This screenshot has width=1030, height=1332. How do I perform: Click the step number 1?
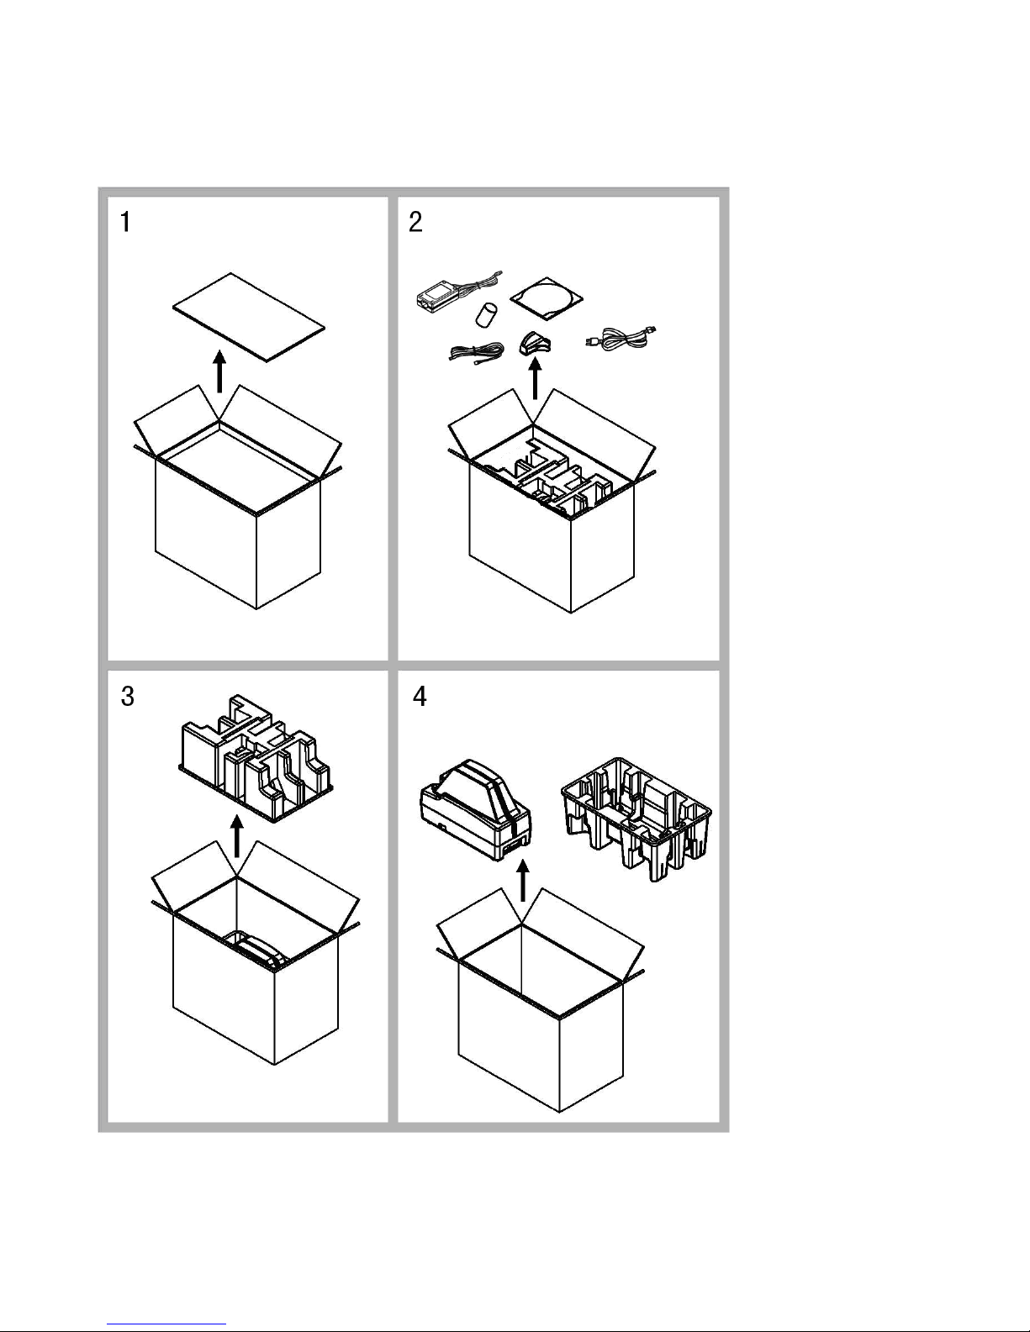pyautogui.click(x=125, y=223)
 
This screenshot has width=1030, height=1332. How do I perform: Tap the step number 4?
pyautogui.click(x=420, y=697)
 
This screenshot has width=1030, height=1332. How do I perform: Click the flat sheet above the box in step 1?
pyautogui.click(x=249, y=316)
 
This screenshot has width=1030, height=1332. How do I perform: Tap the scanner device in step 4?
pyautogui.click(x=475, y=807)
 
